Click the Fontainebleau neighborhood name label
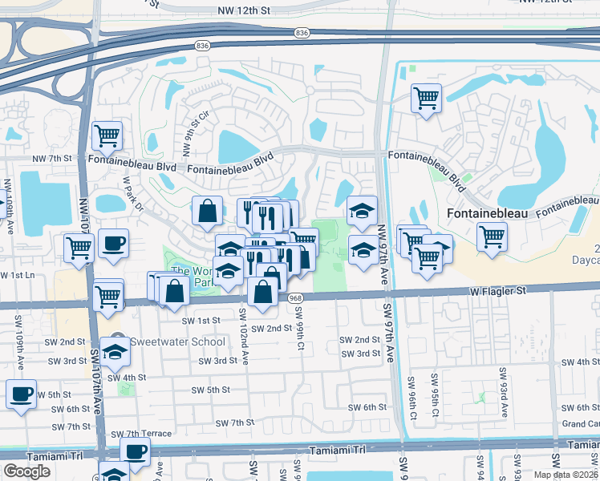[480, 216]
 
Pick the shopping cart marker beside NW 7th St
[107, 135]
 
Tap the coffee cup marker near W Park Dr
[113, 242]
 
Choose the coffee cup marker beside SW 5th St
[21, 394]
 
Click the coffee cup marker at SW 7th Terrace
[135, 451]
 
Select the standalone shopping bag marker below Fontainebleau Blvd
[208, 211]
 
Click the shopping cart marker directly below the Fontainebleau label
[492, 236]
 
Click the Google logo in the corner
[27, 471]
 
